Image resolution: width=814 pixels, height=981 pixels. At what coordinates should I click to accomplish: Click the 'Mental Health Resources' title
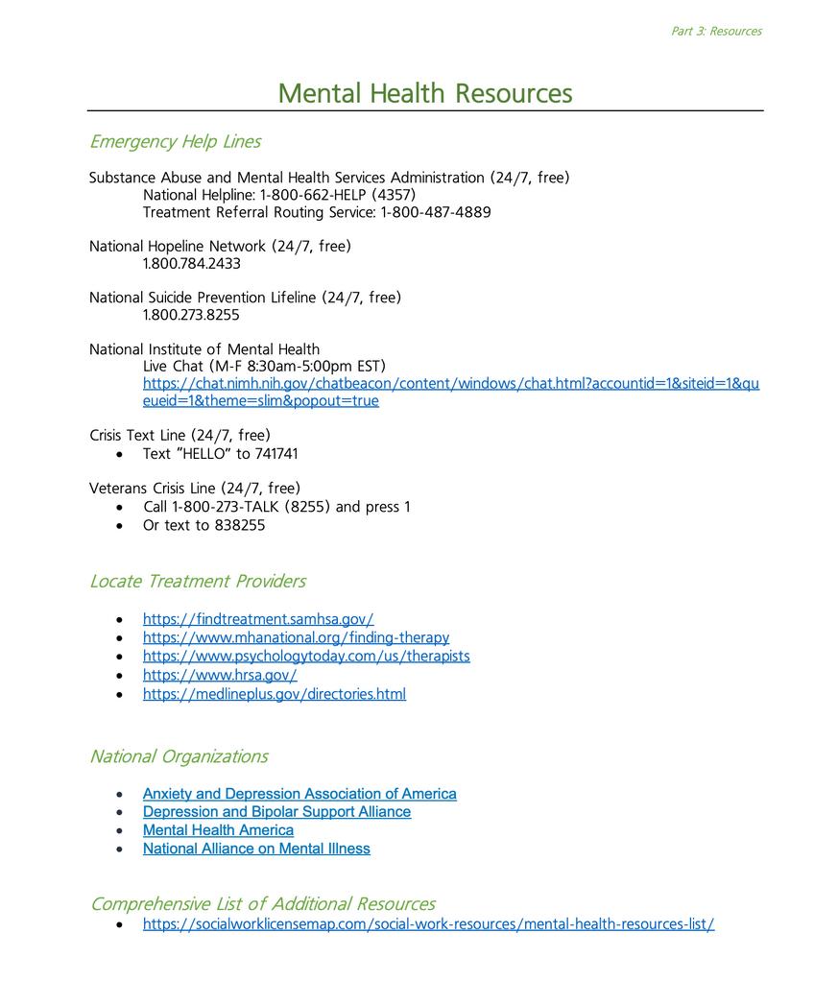click(424, 94)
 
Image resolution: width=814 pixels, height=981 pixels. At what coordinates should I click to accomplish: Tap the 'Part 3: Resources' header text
click(716, 32)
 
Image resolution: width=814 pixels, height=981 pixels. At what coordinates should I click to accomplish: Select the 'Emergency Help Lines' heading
click(175, 142)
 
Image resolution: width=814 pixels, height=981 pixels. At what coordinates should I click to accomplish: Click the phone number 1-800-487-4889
click(436, 212)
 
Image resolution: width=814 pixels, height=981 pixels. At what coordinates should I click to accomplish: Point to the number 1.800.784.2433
click(192, 264)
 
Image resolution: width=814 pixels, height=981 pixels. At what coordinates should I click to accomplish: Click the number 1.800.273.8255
click(192, 315)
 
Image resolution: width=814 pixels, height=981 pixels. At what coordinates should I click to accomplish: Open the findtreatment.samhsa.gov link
click(258, 619)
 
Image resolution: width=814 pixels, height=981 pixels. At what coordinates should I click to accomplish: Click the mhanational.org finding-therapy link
click(296, 637)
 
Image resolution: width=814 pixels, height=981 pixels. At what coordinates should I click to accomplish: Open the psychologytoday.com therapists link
click(306, 657)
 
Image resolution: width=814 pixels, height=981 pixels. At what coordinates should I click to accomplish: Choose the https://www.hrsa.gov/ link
click(220, 675)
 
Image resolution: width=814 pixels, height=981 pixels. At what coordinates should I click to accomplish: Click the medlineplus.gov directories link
click(275, 694)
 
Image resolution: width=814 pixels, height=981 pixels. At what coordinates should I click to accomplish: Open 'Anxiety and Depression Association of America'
click(299, 794)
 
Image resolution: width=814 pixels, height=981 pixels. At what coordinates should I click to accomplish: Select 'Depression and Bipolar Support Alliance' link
click(276, 812)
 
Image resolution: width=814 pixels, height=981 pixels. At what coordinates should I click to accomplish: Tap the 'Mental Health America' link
click(218, 830)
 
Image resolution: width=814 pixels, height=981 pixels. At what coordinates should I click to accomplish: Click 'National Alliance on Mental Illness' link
click(256, 849)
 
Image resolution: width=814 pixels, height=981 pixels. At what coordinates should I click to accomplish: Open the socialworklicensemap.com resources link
click(428, 924)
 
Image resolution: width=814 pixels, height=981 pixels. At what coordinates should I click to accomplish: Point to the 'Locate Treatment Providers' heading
click(198, 582)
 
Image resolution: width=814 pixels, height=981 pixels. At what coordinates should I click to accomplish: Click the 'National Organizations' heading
click(179, 756)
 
